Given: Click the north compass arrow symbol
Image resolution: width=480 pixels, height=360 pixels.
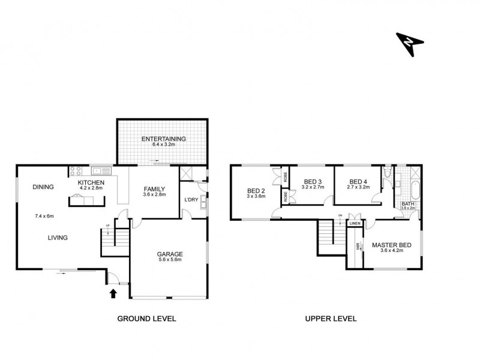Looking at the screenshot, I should click(x=410, y=43).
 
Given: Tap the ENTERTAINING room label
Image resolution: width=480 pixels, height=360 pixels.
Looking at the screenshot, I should click(x=163, y=139).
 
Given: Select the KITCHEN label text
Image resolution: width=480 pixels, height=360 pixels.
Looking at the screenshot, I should click(x=91, y=182).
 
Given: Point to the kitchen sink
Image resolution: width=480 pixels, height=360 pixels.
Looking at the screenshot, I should click(x=100, y=170).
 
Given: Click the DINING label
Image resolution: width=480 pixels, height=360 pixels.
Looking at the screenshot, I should click(x=43, y=187).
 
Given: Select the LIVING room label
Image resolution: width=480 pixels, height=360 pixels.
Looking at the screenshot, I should click(x=58, y=238).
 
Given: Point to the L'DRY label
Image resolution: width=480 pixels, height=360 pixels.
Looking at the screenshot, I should click(x=191, y=199).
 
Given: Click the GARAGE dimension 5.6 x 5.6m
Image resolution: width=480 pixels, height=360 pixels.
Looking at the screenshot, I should click(x=170, y=260).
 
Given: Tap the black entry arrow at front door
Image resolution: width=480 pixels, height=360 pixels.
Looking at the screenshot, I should click(x=112, y=293).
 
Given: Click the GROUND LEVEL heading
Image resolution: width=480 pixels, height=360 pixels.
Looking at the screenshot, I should click(x=146, y=319).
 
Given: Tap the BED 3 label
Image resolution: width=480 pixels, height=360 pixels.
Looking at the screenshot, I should click(x=313, y=182).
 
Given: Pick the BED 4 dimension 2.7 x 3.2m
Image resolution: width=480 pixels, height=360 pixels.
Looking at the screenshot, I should click(x=358, y=187).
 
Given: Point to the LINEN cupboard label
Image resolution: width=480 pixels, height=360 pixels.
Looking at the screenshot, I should click(x=356, y=224).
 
